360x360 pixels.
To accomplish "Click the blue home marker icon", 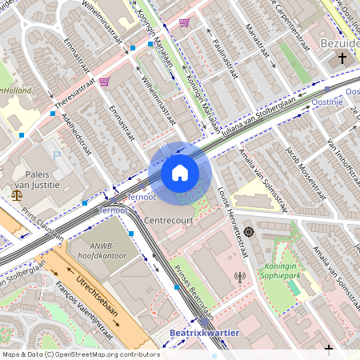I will click(180, 173).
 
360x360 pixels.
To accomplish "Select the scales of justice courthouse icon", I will click(17, 194).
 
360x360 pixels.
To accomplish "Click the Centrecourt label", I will click(170, 218).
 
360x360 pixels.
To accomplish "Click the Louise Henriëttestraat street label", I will click(235, 227).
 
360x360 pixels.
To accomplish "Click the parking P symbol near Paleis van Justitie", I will click(56, 154).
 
